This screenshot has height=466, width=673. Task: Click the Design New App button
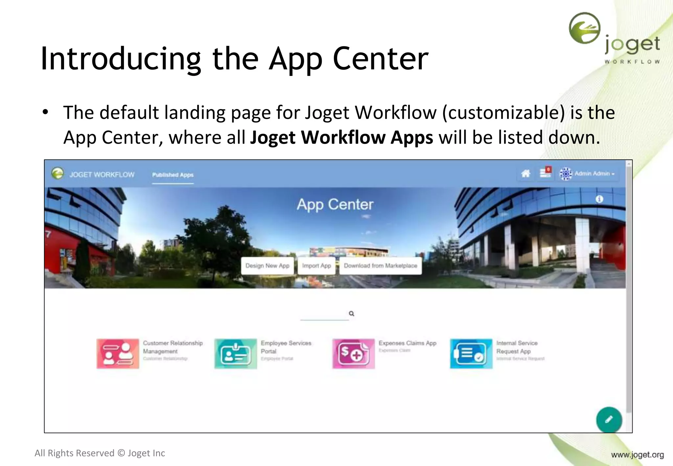pyautogui.click(x=267, y=266)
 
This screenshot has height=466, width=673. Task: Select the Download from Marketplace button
pyautogui.click(x=380, y=266)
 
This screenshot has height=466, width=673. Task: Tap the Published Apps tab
pyautogui.click(x=173, y=175)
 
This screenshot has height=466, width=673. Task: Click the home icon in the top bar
pyautogui.click(x=525, y=174)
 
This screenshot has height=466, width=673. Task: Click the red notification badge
pyautogui.click(x=548, y=170)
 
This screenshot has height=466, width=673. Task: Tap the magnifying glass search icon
pyautogui.click(x=351, y=314)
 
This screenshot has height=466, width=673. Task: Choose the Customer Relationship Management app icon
pyautogui.click(x=118, y=354)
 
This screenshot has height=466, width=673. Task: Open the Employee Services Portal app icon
pyautogui.click(x=235, y=354)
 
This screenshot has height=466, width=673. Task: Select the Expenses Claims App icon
pyautogui.click(x=353, y=354)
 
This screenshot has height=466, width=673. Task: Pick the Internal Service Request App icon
pyautogui.click(x=471, y=354)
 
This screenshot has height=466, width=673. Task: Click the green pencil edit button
pyautogui.click(x=609, y=420)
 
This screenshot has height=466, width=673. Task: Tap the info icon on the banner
pyautogui.click(x=599, y=199)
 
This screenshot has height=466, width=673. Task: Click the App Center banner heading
pyautogui.click(x=335, y=204)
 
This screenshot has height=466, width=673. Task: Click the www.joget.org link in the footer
pyautogui.click(x=637, y=455)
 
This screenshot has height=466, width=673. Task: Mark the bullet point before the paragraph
pyautogui.click(x=45, y=112)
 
